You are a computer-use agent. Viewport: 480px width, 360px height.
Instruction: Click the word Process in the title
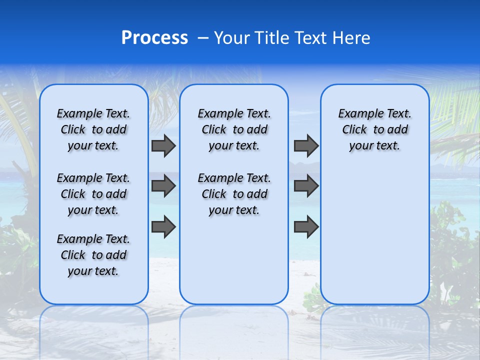pyautogui.click(x=154, y=38)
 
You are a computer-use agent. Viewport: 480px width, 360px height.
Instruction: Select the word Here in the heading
pyautogui.click(x=352, y=38)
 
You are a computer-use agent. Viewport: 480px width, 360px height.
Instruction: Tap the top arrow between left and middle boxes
pyautogui.click(x=163, y=145)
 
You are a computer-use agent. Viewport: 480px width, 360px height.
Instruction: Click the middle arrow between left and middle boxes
pyautogui.click(x=163, y=186)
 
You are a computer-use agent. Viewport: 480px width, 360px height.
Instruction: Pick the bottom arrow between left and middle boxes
pyautogui.click(x=163, y=226)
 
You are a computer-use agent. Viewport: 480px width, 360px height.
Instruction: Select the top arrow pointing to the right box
pyautogui.click(x=306, y=145)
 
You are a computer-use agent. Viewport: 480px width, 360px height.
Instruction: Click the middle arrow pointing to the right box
pyautogui.click(x=306, y=186)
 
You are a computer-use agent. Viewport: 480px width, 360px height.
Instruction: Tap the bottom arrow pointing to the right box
pyautogui.click(x=306, y=226)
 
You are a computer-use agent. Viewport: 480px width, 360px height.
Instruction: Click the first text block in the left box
pyautogui.click(x=93, y=129)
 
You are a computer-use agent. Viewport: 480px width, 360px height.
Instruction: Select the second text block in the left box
pyautogui.click(x=93, y=194)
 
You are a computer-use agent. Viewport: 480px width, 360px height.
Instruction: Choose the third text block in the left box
pyautogui.click(x=93, y=255)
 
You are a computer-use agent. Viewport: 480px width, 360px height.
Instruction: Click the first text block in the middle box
pyautogui.click(x=234, y=129)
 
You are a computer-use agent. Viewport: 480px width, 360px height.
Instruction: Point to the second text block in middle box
pyautogui.click(x=234, y=194)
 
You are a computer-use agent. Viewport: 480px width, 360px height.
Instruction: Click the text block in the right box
pyautogui.click(x=375, y=129)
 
